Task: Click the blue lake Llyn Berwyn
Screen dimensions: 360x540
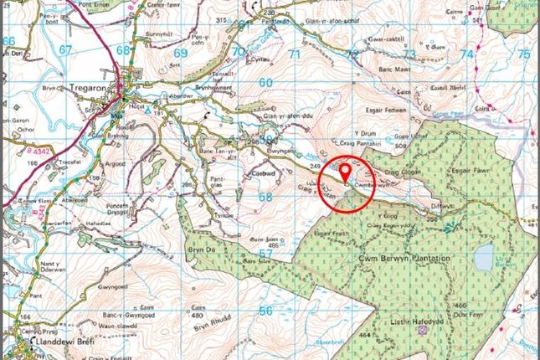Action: (x=483, y=258)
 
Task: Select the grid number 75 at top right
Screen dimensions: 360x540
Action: (x=523, y=54)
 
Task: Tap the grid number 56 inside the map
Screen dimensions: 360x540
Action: (x=266, y=310)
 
